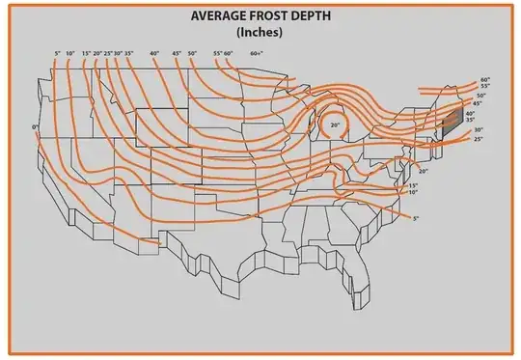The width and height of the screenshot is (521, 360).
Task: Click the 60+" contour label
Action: coord(256,53)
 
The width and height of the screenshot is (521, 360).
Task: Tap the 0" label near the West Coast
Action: coord(35,127)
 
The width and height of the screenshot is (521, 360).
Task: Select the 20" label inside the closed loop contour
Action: coord(335,125)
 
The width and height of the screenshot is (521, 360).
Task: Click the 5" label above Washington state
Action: coord(58,53)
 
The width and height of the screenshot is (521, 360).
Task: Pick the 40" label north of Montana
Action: coord(153,53)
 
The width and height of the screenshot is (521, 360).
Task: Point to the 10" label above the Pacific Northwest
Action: coord(70,53)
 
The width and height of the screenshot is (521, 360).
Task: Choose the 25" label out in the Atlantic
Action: coord(479,140)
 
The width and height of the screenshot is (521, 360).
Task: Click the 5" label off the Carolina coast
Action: coord(416,220)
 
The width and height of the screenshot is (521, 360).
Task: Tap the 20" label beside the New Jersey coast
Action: coord(423,170)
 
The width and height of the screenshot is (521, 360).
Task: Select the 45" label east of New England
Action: coord(477,103)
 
